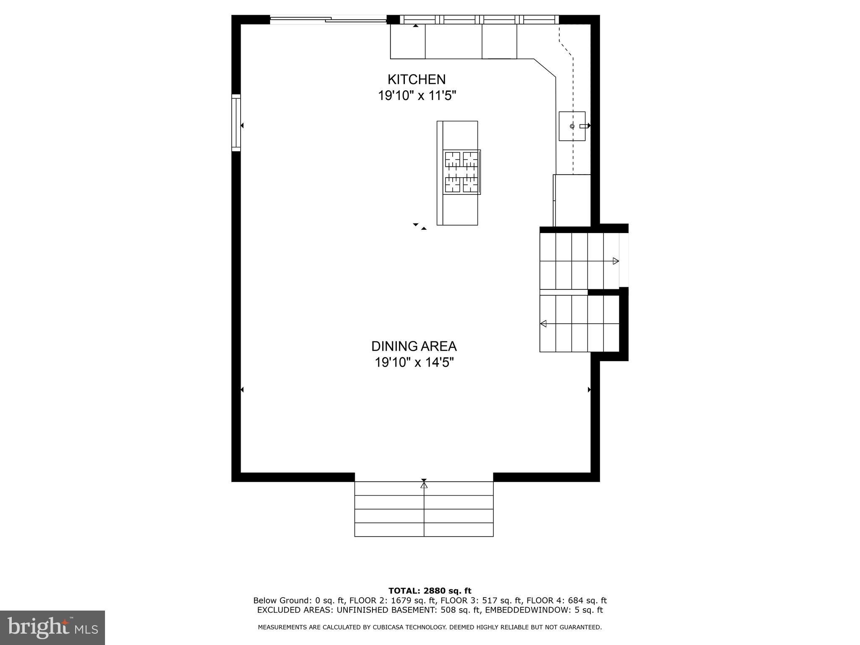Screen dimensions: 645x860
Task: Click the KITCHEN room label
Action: click(416, 79)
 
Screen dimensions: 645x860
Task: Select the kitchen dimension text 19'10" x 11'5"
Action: click(417, 96)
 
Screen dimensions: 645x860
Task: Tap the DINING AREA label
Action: click(414, 346)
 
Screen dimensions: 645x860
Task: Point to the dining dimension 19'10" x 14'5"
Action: click(414, 362)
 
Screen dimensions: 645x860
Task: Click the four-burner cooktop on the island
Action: click(461, 172)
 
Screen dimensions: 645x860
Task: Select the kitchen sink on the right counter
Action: click(572, 126)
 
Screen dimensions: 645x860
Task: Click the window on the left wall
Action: click(236, 123)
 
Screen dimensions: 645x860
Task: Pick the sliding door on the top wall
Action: click(328, 19)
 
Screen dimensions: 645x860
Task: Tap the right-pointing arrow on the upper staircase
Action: click(616, 261)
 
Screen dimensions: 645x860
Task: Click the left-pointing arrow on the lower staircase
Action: click(543, 324)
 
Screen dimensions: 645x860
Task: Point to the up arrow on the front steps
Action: click(424, 485)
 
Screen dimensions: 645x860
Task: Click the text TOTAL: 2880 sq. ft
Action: click(430, 591)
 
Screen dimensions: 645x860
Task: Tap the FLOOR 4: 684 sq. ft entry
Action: click(566, 600)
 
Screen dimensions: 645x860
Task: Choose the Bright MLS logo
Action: click(52, 627)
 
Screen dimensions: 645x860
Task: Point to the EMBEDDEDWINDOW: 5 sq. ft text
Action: click(544, 610)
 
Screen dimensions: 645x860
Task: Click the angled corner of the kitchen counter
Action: click(545, 68)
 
